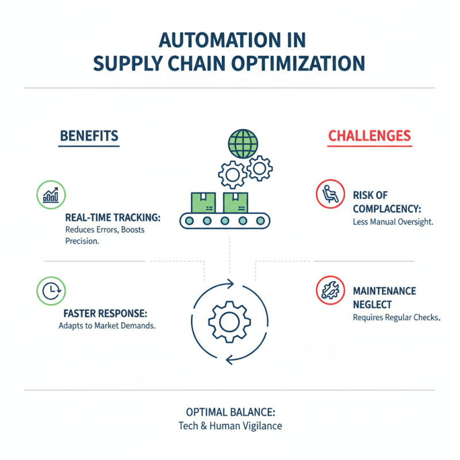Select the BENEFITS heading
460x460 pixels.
click(x=89, y=136)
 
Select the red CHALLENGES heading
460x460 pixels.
click(x=369, y=136)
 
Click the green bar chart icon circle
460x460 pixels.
click(x=51, y=194)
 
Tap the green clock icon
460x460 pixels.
click(x=51, y=290)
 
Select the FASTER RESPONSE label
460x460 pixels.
click(x=103, y=315)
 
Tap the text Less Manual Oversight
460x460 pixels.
click(x=392, y=221)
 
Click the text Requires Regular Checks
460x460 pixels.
click(x=396, y=317)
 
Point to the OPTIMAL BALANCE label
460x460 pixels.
click(x=229, y=413)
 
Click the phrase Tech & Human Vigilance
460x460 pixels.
click(x=229, y=427)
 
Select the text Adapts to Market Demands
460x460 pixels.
click(x=108, y=326)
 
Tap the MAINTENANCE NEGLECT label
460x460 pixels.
click(x=384, y=298)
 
